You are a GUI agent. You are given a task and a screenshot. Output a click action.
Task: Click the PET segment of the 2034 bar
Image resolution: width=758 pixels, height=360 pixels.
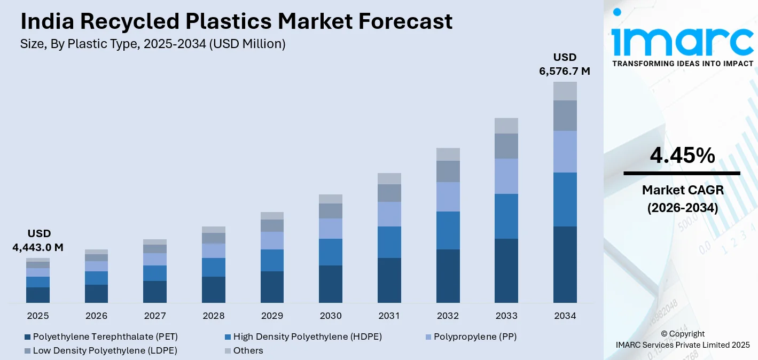[x=565, y=264]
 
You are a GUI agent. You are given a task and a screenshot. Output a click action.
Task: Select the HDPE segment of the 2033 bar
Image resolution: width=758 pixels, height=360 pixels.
[x=506, y=216]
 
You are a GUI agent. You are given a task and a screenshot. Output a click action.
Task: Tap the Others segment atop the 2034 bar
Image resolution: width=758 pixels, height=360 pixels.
[x=565, y=91]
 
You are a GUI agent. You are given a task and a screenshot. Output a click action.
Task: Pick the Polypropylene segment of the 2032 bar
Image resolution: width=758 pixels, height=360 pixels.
[x=448, y=197]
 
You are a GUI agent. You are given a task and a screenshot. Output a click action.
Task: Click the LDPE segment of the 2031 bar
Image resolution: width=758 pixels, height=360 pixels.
[x=389, y=193]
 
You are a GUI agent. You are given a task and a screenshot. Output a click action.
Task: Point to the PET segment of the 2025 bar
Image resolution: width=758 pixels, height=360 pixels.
[x=38, y=295]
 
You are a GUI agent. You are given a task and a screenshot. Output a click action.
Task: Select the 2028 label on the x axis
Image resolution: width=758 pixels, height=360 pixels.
[x=214, y=316]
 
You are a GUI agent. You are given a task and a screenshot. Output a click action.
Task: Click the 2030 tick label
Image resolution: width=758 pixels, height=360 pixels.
[x=331, y=316]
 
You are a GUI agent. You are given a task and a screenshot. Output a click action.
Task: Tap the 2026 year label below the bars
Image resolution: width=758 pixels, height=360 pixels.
[x=97, y=316]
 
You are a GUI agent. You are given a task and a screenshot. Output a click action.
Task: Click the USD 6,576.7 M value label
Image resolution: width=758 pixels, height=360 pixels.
[x=565, y=64]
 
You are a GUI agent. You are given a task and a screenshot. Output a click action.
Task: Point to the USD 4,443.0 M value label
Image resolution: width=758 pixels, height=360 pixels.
[x=38, y=240]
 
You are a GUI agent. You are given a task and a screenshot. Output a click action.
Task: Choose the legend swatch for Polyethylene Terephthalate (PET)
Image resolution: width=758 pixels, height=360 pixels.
[x=27, y=337]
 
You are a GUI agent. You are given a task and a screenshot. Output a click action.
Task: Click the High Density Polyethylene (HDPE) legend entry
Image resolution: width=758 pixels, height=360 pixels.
[x=307, y=336]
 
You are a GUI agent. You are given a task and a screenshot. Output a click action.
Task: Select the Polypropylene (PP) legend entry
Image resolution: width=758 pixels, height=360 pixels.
[x=475, y=336]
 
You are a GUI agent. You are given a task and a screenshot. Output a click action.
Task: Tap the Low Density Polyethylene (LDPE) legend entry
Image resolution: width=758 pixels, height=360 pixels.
[x=105, y=350]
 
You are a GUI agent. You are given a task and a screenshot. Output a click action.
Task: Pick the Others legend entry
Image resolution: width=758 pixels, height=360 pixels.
[x=248, y=350]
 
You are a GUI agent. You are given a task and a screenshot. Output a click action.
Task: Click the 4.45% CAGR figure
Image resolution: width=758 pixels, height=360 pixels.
[x=682, y=155]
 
